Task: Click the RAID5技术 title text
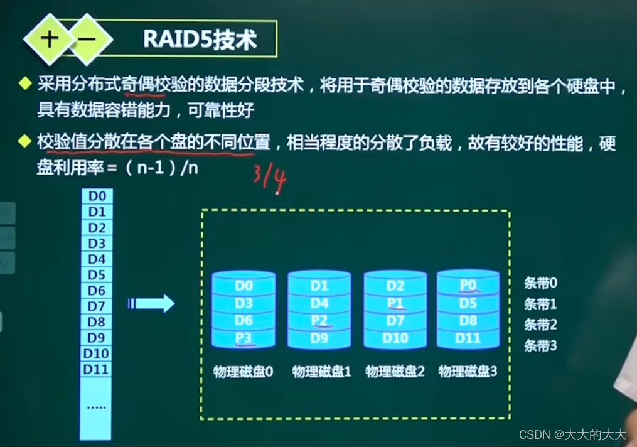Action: point(200,40)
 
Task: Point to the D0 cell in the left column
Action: point(97,196)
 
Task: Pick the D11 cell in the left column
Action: point(97,369)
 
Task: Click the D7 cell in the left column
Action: point(97,306)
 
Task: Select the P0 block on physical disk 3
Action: point(468,286)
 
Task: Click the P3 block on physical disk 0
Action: point(244,338)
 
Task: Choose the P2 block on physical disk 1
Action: point(319,321)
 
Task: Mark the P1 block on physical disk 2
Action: point(395,304)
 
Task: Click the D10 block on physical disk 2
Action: point(395,338)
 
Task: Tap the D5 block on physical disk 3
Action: point(468,304)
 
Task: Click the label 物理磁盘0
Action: point(244,372)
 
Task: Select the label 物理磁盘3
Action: point(468,372)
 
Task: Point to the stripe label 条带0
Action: point(540,283)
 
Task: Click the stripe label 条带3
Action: point(540,345)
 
